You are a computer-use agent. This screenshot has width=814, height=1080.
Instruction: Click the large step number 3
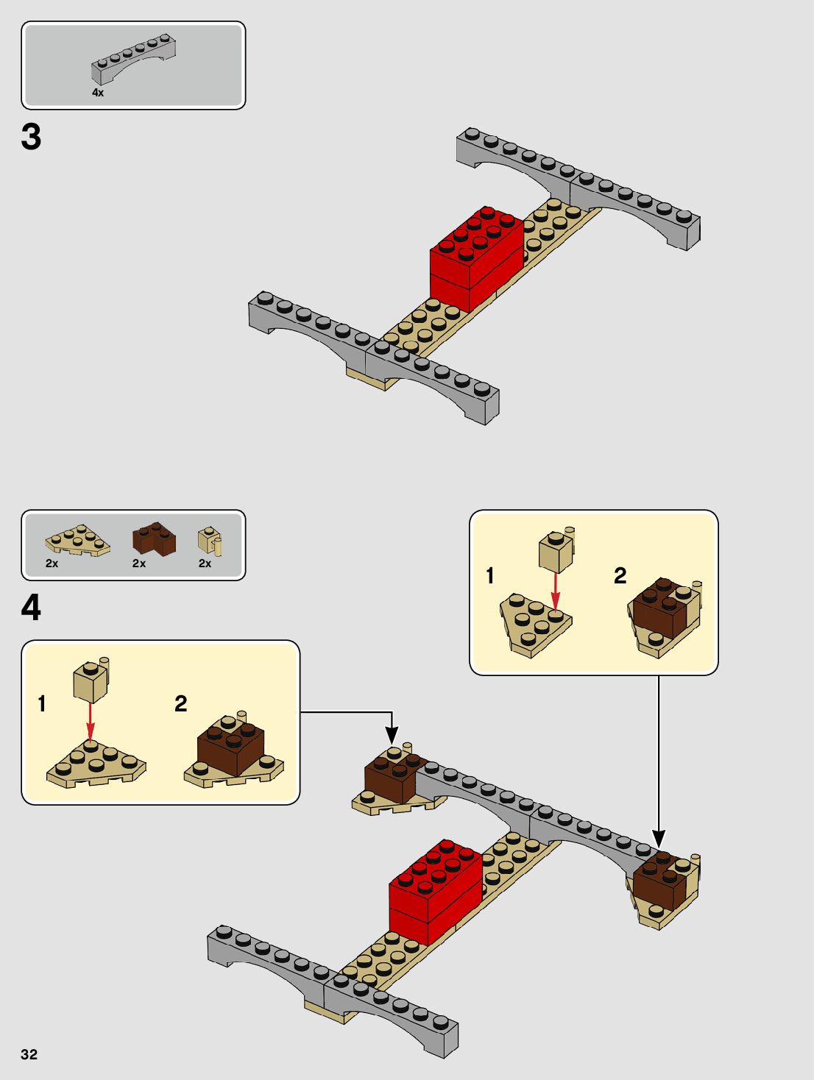click(31, 137)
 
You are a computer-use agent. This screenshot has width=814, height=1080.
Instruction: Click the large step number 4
click(31, 608)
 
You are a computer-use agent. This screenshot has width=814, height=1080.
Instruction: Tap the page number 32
click(29, 1054)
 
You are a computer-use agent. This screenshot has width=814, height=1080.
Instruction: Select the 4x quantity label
click(98, 93)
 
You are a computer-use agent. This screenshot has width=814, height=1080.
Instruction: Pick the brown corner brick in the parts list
click(154, 539)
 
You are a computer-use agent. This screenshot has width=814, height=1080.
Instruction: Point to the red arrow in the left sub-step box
click(91, 721)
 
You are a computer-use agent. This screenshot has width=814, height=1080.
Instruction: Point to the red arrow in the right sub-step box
click(556, 591)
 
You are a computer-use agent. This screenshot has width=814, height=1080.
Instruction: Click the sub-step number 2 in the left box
click(181, 704)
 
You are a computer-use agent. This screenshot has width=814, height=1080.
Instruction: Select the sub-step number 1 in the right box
click(490, 575)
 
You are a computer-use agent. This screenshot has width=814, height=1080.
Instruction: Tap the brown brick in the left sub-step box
click(230, 747)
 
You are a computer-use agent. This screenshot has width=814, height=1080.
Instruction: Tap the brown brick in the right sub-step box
click(662, 608)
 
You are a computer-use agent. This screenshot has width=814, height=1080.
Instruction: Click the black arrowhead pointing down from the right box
click(659, 838)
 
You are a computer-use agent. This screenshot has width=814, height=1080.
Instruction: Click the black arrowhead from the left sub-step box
click(392, 735)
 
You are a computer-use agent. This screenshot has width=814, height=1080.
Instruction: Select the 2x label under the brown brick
click(139, 564)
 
